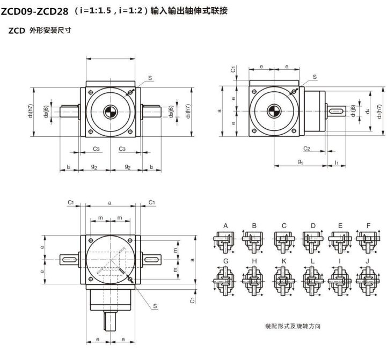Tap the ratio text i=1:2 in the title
(136, 10)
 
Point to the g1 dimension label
(300, 161)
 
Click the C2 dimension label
(307, 148)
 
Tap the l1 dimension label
(336, 161)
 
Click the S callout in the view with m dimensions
(154, 306)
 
